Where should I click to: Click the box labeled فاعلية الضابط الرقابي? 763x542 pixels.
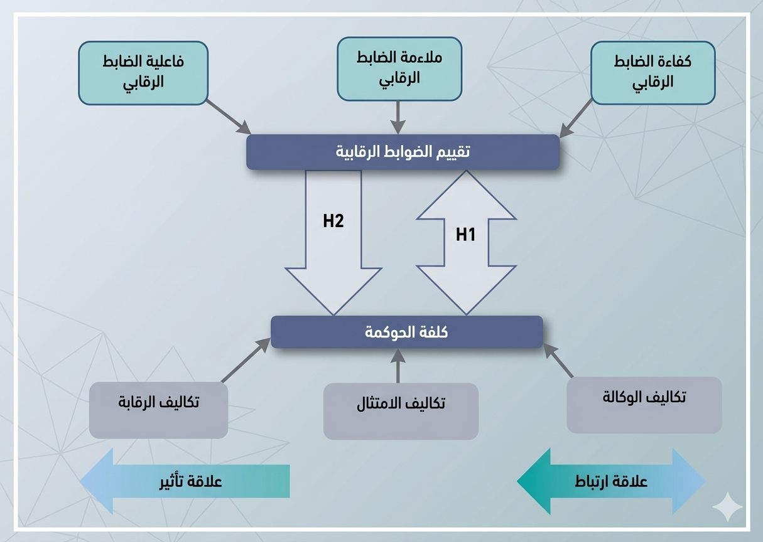pyautogui.click(x=143, y=72)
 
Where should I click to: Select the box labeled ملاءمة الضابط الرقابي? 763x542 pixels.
pyautogui.click(x=399, y=68)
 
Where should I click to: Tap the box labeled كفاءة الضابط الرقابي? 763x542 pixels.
pyautogui.click(x=652, y=72)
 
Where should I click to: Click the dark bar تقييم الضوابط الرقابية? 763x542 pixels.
pyautogui.click(x=403, y=152)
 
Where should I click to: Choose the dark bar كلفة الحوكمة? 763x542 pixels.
pyautogui.click(x=406, y=332)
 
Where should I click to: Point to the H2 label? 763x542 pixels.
pyautogui.click(x=333, y=221)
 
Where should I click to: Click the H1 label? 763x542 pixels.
pyautogui.click(x=465, y=235)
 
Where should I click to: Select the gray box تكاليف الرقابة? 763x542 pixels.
pyautogui.click(x=158, y=410)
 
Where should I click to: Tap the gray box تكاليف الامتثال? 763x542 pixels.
pyautogui.click(x=401, y=411)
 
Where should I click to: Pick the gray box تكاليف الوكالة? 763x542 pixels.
pyautogui.click(x=644, y=405)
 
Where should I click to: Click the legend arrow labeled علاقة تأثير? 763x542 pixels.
pyautogui.click(x=185, y=481)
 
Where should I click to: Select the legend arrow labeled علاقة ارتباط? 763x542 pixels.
pyautogui.click(x=611, y=481)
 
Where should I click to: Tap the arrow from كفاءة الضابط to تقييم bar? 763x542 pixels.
pyautogui.click(x=576, y=118)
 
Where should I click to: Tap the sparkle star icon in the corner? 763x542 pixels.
pyautogui.click(x=728, y=507)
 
